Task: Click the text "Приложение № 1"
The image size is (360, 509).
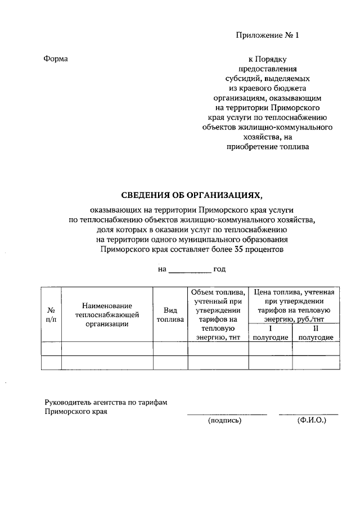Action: (x=267, y=35)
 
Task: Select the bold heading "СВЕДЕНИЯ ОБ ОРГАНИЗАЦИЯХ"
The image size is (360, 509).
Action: (x=192, y=195)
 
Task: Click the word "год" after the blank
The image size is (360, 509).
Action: (x=220, y=269)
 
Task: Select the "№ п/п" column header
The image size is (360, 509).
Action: (x=51, y=314)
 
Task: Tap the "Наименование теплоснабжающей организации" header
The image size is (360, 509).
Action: (x=107, y=314)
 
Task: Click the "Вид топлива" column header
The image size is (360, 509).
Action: (x=170, y=314)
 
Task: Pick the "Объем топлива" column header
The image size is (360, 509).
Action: (x=218, y=314)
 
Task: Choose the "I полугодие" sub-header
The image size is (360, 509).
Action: (x=270, y=332)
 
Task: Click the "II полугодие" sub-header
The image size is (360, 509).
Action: (x=316, y=332)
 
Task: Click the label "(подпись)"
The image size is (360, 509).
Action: (x=224, y=420)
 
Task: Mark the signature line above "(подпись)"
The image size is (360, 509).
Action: (x=227, y=414)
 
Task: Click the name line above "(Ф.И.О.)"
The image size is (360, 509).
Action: (x=309, y=414)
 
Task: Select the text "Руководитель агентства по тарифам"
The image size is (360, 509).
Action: (x=106, y=402)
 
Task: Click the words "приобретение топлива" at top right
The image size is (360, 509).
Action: (x=267, y=147)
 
